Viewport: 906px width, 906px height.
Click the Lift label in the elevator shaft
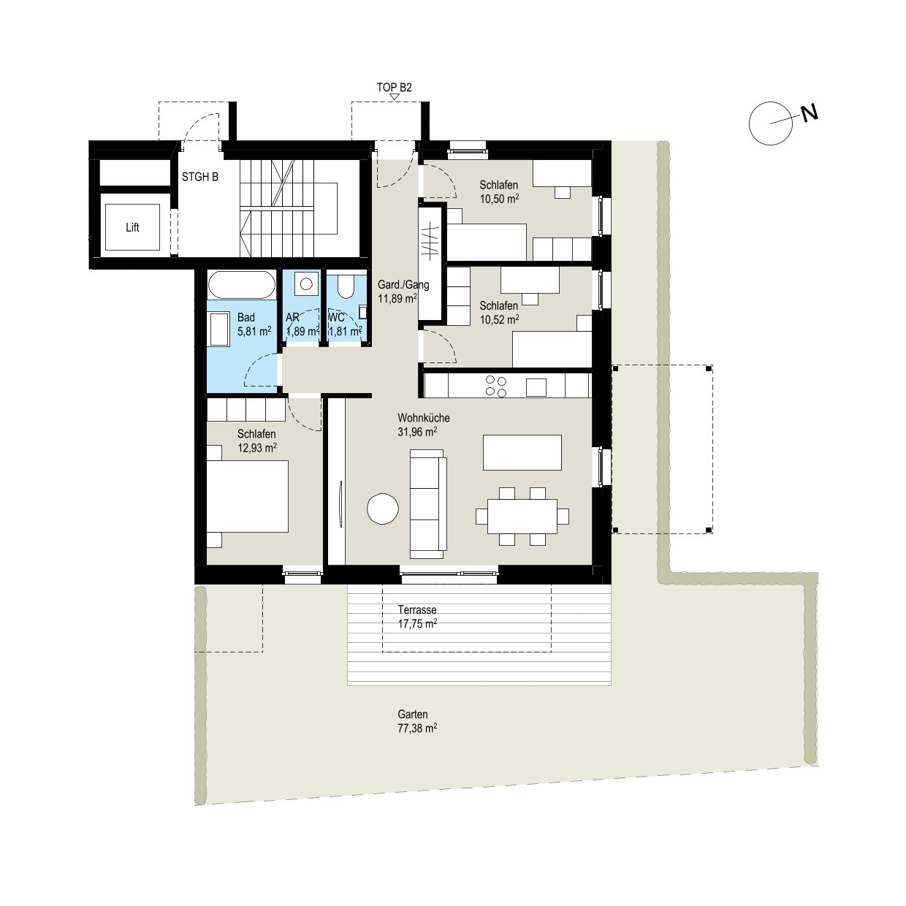[132, 228]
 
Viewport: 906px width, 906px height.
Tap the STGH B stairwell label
[199, 178]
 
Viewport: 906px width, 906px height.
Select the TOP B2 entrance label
[395, 87]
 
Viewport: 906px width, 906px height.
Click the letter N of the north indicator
[809, 113]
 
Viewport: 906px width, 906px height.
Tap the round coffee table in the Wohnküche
[383, 509]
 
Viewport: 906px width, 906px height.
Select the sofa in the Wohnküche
[428, 504]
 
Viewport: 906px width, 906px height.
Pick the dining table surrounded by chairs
[522, 516]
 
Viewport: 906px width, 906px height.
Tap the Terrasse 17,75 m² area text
[417, 617]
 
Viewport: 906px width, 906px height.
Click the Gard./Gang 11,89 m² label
[397, 291]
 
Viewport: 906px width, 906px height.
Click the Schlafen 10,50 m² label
[499, 191]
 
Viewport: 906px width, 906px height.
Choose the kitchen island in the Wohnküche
[522, 452]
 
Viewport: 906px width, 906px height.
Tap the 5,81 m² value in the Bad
[254, 331]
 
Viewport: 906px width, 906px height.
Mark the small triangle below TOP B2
[395, 96]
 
